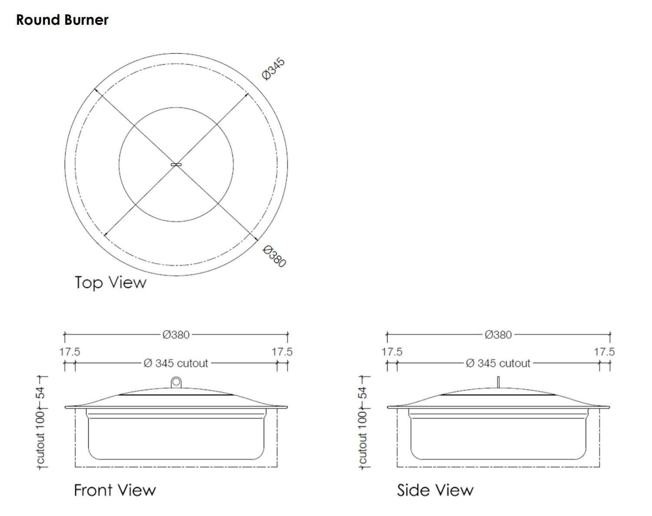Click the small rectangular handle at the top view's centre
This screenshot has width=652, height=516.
[176, 164]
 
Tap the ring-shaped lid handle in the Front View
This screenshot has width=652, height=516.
[176, 382]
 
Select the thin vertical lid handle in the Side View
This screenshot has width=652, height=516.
[499, 382]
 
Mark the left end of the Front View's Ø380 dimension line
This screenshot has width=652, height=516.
[64, 335]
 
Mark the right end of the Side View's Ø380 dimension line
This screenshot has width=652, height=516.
[610, 335]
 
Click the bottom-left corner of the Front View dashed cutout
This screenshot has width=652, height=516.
[75, 467]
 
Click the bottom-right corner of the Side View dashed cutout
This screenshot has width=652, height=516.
[599, 467]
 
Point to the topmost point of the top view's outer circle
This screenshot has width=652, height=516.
[176, 53]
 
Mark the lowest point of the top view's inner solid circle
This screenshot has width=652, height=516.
[176, 222]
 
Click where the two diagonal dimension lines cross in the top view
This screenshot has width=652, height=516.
[176, 164]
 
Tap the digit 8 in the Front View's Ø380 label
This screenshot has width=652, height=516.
[180, 335]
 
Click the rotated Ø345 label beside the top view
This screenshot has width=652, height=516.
[273, 69]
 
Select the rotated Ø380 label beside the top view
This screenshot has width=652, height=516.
[274, 256]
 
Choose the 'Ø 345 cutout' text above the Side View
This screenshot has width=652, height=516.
[499, 363]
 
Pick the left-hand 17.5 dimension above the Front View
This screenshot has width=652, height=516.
[70, 352]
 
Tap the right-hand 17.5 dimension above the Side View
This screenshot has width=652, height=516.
[605, 352]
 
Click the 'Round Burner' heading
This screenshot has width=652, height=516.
[62, 20]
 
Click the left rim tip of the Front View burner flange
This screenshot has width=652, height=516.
[65, 407]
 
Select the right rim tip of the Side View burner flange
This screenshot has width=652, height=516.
[609, 407]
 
